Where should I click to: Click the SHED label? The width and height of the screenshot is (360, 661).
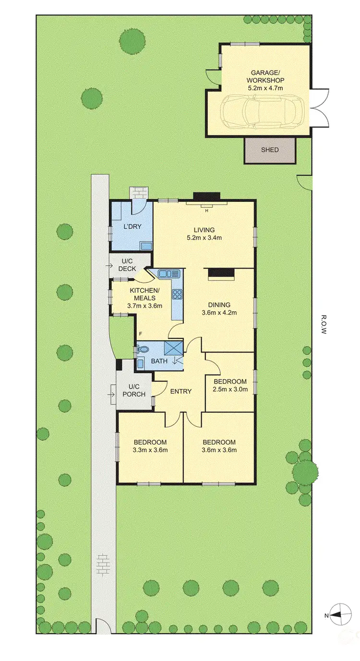(270, 150)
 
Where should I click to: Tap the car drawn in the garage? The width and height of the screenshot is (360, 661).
(262, 111)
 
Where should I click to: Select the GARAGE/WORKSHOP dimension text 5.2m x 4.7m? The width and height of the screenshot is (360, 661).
(265, 88)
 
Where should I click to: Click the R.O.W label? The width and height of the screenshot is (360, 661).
(324, 325)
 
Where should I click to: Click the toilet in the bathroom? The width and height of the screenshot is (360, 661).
(141, 351)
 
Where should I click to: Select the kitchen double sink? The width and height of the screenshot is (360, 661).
(168, 274)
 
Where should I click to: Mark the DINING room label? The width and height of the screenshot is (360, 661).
(219, 305)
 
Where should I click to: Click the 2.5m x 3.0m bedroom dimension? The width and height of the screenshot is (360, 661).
(230, 389)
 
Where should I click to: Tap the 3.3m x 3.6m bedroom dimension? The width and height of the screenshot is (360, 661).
(150, 450)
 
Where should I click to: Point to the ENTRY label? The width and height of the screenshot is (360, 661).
(180, 391)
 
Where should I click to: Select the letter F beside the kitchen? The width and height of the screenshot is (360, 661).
(141, 333)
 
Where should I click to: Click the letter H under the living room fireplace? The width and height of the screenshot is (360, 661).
(207, 211)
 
